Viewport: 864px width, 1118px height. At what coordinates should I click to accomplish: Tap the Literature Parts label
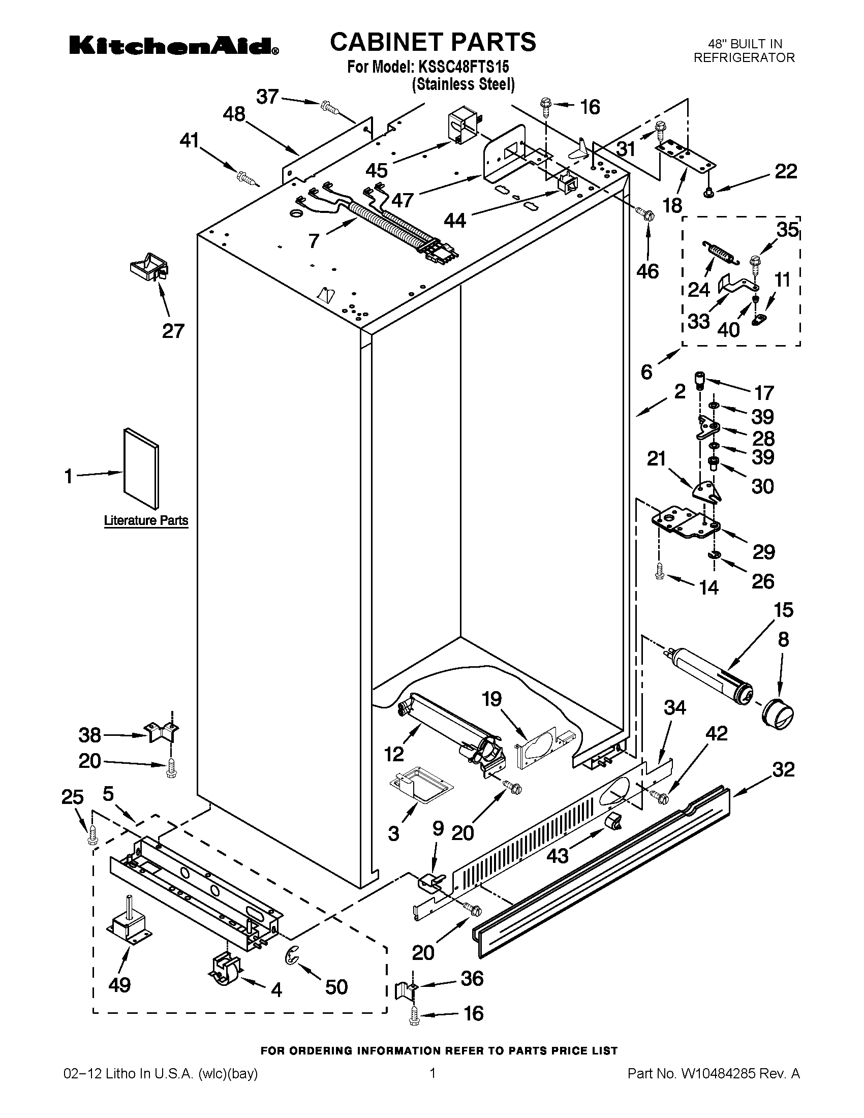146,520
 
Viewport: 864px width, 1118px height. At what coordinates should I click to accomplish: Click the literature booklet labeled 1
141,470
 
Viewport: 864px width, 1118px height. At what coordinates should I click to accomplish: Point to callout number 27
173,331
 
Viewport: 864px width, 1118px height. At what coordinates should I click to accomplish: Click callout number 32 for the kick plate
784,769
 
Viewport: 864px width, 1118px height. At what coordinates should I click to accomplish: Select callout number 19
492,699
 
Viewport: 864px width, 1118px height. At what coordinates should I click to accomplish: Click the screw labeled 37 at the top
329,107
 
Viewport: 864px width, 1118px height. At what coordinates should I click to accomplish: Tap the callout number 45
376,170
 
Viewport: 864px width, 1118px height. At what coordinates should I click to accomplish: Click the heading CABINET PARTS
433,42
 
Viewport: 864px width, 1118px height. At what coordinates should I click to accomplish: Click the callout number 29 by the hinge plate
763,552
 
